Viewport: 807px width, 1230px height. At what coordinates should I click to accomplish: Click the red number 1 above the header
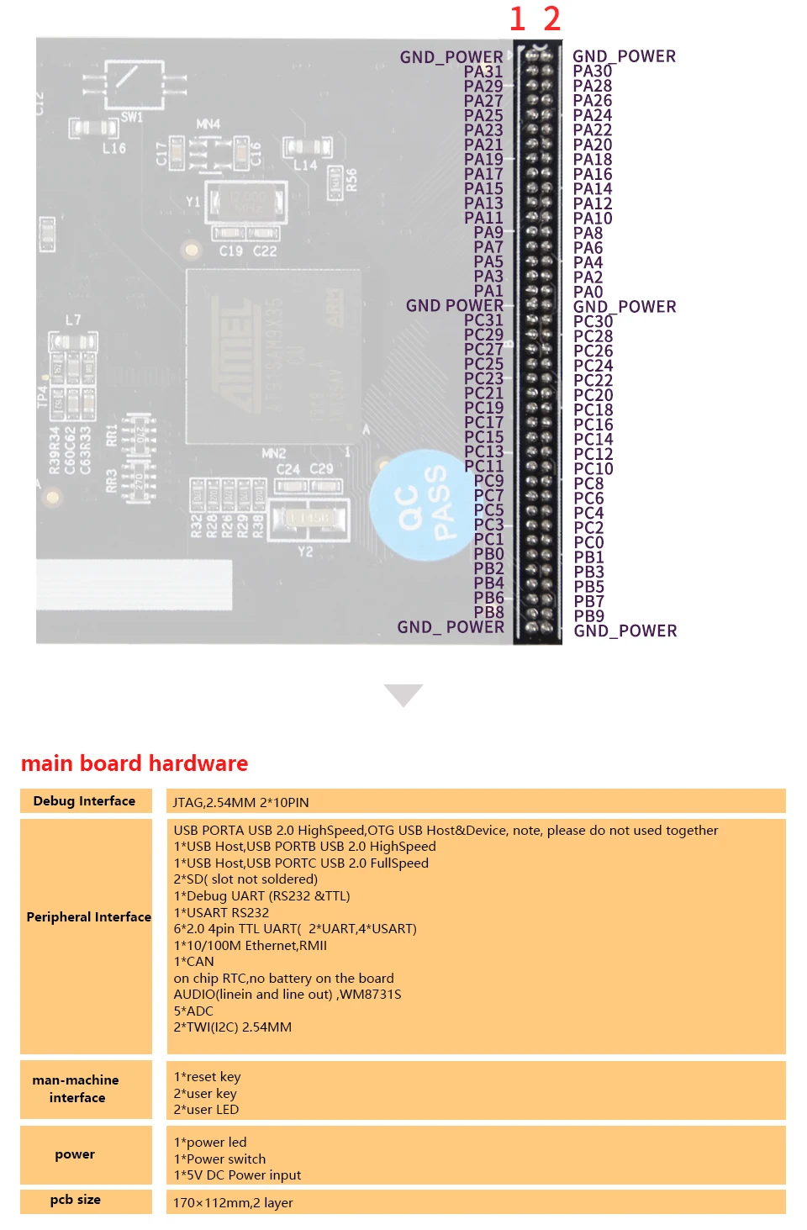click(517, 18)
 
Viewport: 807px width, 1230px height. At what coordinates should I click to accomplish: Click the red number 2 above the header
click(551, 18)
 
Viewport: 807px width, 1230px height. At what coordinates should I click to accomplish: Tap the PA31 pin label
click(483, 71)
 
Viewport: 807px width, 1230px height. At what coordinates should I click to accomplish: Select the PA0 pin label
click(588, 292)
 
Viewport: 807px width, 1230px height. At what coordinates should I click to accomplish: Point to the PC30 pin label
click(593, 321)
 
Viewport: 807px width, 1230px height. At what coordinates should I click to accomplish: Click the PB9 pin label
click(589, 616)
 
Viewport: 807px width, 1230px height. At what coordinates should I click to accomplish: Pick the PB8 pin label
click(488, 612)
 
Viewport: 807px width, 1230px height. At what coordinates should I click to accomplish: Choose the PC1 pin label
click(488, 539)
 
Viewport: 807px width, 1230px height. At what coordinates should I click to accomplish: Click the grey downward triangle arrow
click(403, 694)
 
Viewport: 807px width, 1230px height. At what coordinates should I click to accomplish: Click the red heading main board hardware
click(134, 763)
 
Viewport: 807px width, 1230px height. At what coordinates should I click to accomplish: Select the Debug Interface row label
click(84, 801)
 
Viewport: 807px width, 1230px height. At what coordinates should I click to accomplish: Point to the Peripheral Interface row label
click(88, 917)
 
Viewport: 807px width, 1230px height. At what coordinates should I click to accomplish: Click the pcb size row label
click(76, 1200)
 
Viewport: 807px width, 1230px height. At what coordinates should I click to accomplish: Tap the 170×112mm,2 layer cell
click(233, 1203)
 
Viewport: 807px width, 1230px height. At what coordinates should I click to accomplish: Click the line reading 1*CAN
click(194, 962)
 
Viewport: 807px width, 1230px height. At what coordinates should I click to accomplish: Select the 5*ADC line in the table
click(193, 1011)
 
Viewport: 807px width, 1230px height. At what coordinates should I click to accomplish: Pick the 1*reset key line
click(207, 1077)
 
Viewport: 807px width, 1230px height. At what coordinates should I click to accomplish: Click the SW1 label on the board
click(132, 117)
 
